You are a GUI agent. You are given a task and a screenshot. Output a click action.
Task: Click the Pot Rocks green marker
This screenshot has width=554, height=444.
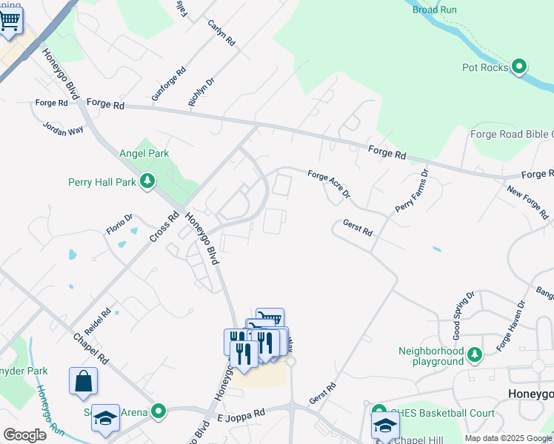click(x=519, y=67)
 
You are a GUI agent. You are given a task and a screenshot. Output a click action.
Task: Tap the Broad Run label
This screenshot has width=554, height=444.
click(x=435, y=10)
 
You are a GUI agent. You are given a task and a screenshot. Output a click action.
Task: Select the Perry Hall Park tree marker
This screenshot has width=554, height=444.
click(x=148, y=181)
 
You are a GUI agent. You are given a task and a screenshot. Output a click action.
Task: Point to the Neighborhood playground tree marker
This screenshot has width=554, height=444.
click(x=475, y=356)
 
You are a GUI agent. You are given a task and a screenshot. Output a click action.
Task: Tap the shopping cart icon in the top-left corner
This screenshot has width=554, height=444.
click(x=10, y=21)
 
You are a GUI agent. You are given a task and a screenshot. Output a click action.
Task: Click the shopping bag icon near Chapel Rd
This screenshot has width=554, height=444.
click(x=83, y=381)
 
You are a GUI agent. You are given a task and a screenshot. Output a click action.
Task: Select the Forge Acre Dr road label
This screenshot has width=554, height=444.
click(x=328, y=184)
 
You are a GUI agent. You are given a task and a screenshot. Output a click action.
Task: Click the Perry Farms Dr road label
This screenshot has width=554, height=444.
click(x=411, y=192)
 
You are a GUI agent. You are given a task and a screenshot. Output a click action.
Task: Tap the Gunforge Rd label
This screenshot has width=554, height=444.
click(x=168, y=85)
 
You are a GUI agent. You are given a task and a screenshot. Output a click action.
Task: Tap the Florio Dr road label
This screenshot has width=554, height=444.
click(x=119, y=223)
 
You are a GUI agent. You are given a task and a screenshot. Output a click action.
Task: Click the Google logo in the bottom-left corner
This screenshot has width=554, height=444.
click(x=24, y=435)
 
